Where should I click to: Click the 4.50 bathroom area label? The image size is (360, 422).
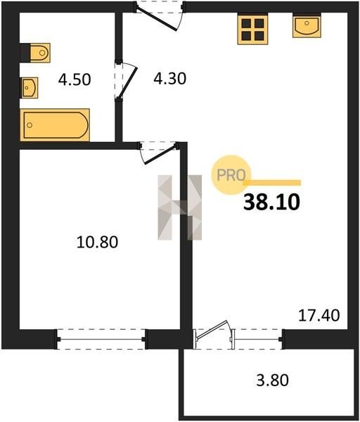[75, 79]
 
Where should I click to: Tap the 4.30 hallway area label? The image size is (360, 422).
[169, 79]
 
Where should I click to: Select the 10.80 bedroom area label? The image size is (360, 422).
[97, 242]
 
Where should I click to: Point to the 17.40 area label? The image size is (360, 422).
[319, 315]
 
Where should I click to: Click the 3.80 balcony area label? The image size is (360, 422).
[273, 381]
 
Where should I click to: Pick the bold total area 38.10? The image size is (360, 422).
[271, 202]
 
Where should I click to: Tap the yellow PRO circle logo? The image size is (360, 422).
[231, 175]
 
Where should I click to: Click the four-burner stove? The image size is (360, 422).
[252, 30]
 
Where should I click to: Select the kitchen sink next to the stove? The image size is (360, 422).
[307, 25]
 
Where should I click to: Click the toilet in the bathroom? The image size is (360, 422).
[40, 53]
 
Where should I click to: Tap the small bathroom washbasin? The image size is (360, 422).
[29, 87]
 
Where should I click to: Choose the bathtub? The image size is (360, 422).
[55, 125]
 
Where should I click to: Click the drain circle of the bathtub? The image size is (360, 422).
[30, 125]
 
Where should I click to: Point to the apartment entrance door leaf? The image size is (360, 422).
[157, 20]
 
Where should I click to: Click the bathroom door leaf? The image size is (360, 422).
[127, 82]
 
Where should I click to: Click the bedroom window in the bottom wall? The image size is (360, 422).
[101, 339]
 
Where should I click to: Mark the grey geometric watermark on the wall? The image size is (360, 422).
[179, 207]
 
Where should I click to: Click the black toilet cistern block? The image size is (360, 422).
[25, 53]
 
